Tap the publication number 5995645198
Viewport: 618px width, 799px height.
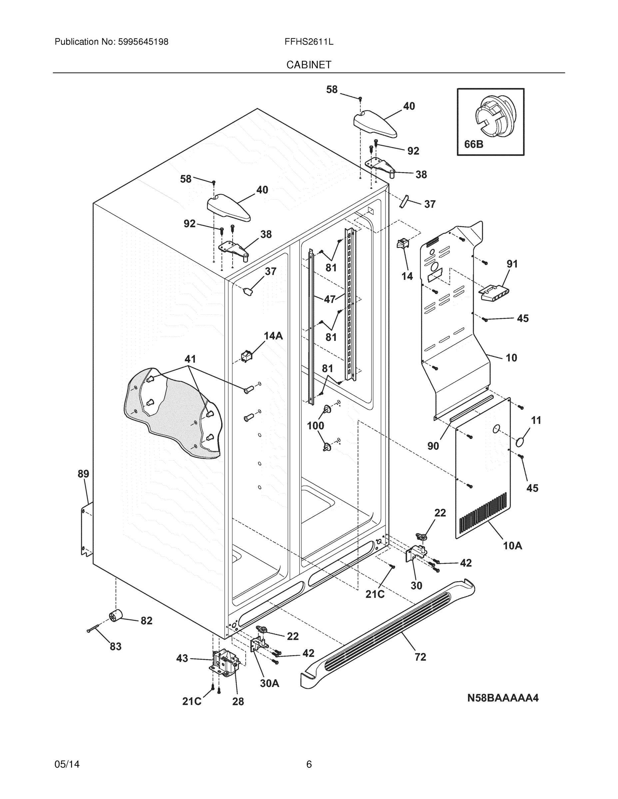coord(143,42)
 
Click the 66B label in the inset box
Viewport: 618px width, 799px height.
coord(473,144)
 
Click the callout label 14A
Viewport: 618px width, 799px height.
coord(273,336)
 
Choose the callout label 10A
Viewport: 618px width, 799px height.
coord(512,546)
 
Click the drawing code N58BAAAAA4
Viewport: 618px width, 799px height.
coord(502,698)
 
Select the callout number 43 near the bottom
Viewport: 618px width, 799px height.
coord(182,659)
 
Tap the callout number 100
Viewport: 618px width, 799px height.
coord(315,426)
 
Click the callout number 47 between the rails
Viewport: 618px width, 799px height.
coord(329,299)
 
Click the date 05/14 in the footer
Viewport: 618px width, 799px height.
coord(67,764)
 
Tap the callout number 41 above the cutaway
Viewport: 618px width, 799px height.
coord(190,359)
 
